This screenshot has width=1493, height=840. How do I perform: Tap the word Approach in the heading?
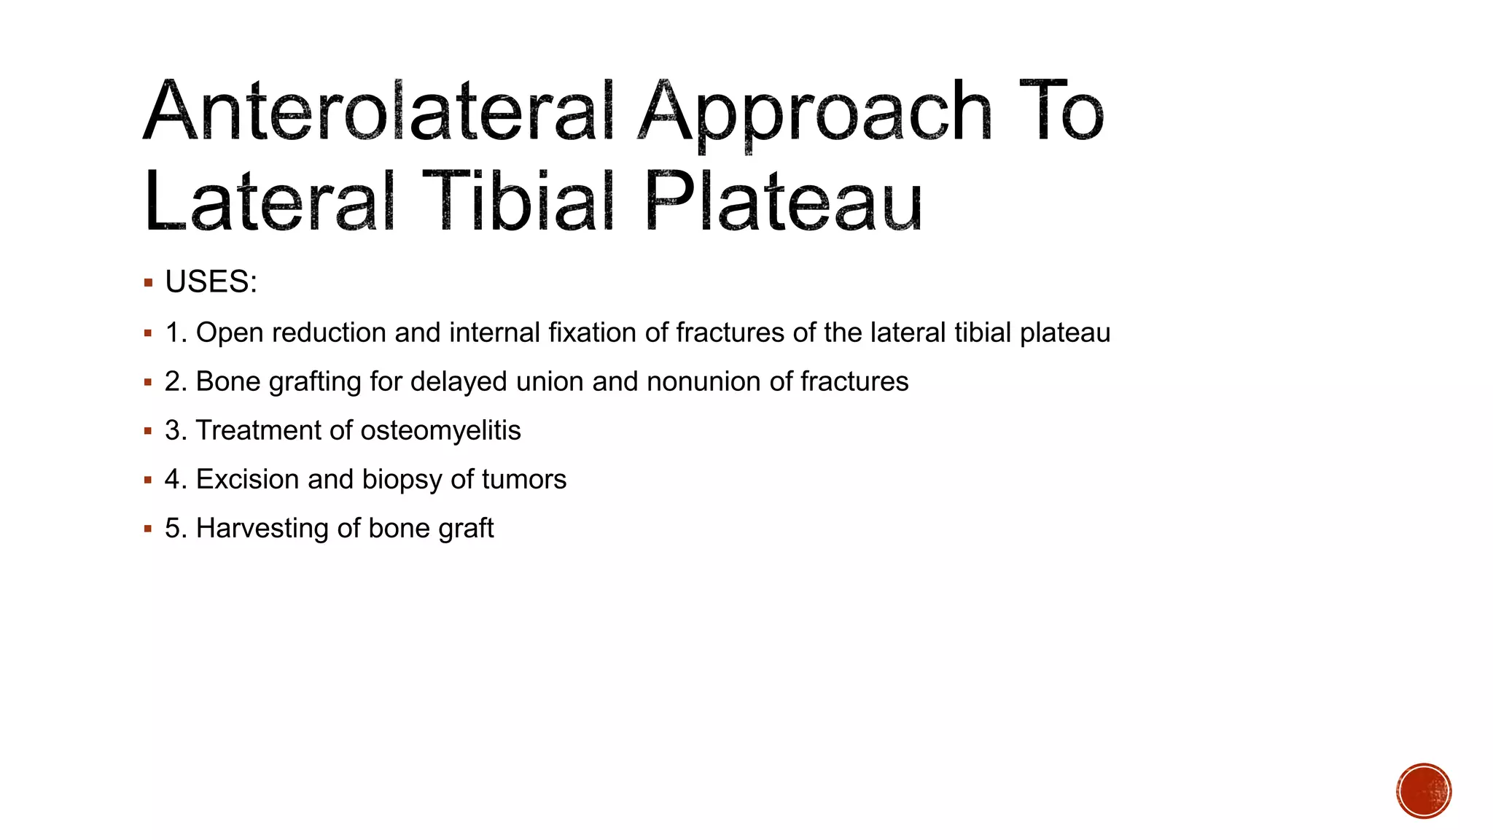pyautogui.click(x=815, y=113)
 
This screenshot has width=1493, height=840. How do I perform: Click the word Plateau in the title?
pyautogui.click(x=784, y=202)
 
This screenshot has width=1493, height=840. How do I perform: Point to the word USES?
pyautogui.click(x=211, y=282)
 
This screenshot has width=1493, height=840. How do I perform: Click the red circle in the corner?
pyautogui.click(x=1424, y=791)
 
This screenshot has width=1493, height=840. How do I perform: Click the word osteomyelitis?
pyautogui.click(x=440, y=431)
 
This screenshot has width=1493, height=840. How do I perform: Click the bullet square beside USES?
pyautogui.click(x=148, y=283)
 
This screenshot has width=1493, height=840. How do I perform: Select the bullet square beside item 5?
pyautogui.click(x=148, y=529)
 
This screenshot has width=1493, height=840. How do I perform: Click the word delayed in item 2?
pyautogui.click(x=459, y=382)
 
